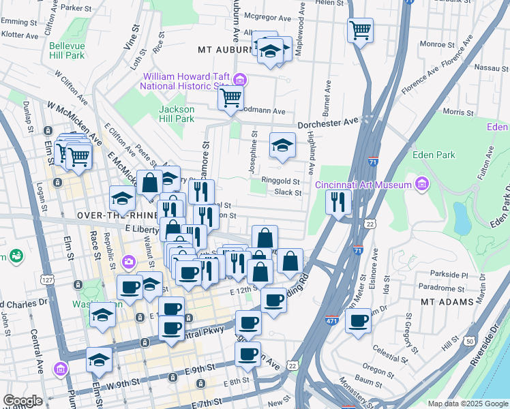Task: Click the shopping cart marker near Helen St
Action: pos(359,30)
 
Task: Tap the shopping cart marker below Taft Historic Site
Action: pos(230,98)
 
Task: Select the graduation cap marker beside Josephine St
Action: pos(282,145)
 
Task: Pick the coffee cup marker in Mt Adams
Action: pos(357,320)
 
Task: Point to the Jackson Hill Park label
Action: pos(177,114)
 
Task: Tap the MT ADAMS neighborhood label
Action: pos(447,302)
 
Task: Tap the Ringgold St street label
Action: pos(282,182)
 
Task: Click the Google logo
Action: pos(22,400)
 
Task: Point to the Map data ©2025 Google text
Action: pos(466,404)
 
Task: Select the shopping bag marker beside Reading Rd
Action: pos(290,261)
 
